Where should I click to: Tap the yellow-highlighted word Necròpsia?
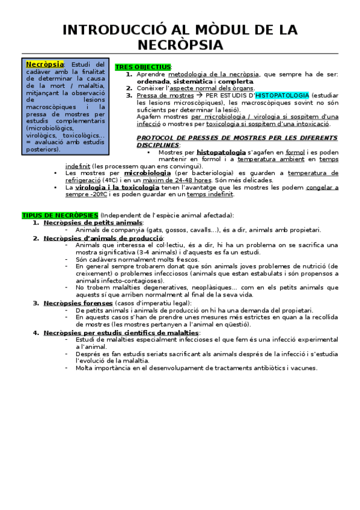click(x=45, y=64)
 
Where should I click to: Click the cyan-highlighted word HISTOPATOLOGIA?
click(x=282, y=95)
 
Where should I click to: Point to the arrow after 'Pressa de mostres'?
click(x=199, y=95)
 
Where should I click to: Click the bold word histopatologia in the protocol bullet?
click(x=221, y=152)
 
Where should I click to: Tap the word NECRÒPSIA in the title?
click(x=180, y=46)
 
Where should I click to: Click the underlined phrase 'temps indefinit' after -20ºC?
click(x=210, y=194)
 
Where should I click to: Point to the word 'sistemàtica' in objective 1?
click(x=193, y=81)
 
